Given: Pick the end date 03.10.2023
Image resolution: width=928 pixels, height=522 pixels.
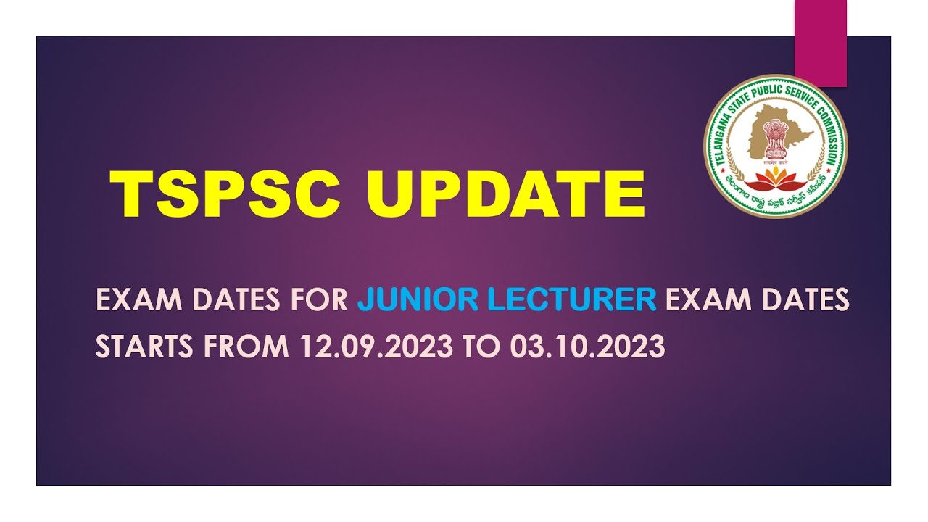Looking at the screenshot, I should [587, 347].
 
